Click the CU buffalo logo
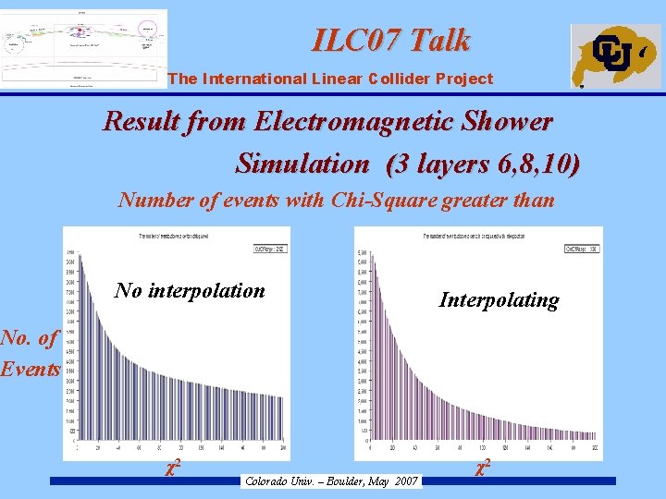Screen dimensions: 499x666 615,55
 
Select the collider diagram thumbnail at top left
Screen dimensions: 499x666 84,47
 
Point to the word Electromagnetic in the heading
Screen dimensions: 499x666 352,121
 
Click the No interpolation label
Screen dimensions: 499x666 190,290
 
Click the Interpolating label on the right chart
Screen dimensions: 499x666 499,299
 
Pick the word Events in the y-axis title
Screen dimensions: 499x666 31,369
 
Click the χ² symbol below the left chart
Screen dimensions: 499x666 171,468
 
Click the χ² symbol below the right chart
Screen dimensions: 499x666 482,468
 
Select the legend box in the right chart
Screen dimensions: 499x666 581,249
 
